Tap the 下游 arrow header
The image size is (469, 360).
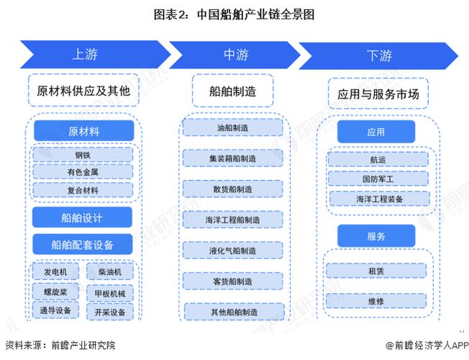tap(378, 54)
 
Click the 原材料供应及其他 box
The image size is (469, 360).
tap(83, 91)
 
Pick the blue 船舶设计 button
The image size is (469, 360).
tap(82, 217)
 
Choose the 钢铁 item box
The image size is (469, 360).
tap(82, 154)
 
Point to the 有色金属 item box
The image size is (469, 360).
tap(82, 172)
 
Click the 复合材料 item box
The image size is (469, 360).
tap(82, 190)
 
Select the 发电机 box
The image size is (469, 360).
tap(55, 272)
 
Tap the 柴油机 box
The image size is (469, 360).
tap(109, 272)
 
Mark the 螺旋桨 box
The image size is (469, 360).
tap(55, 292)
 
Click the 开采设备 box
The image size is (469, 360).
tap(109, 312)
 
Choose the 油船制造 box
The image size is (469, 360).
tap(232, 127)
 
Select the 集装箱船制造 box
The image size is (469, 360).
tap(232, 158)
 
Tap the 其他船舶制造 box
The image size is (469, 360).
tap(232, 312)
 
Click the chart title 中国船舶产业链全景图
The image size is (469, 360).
tap(234, 13)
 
